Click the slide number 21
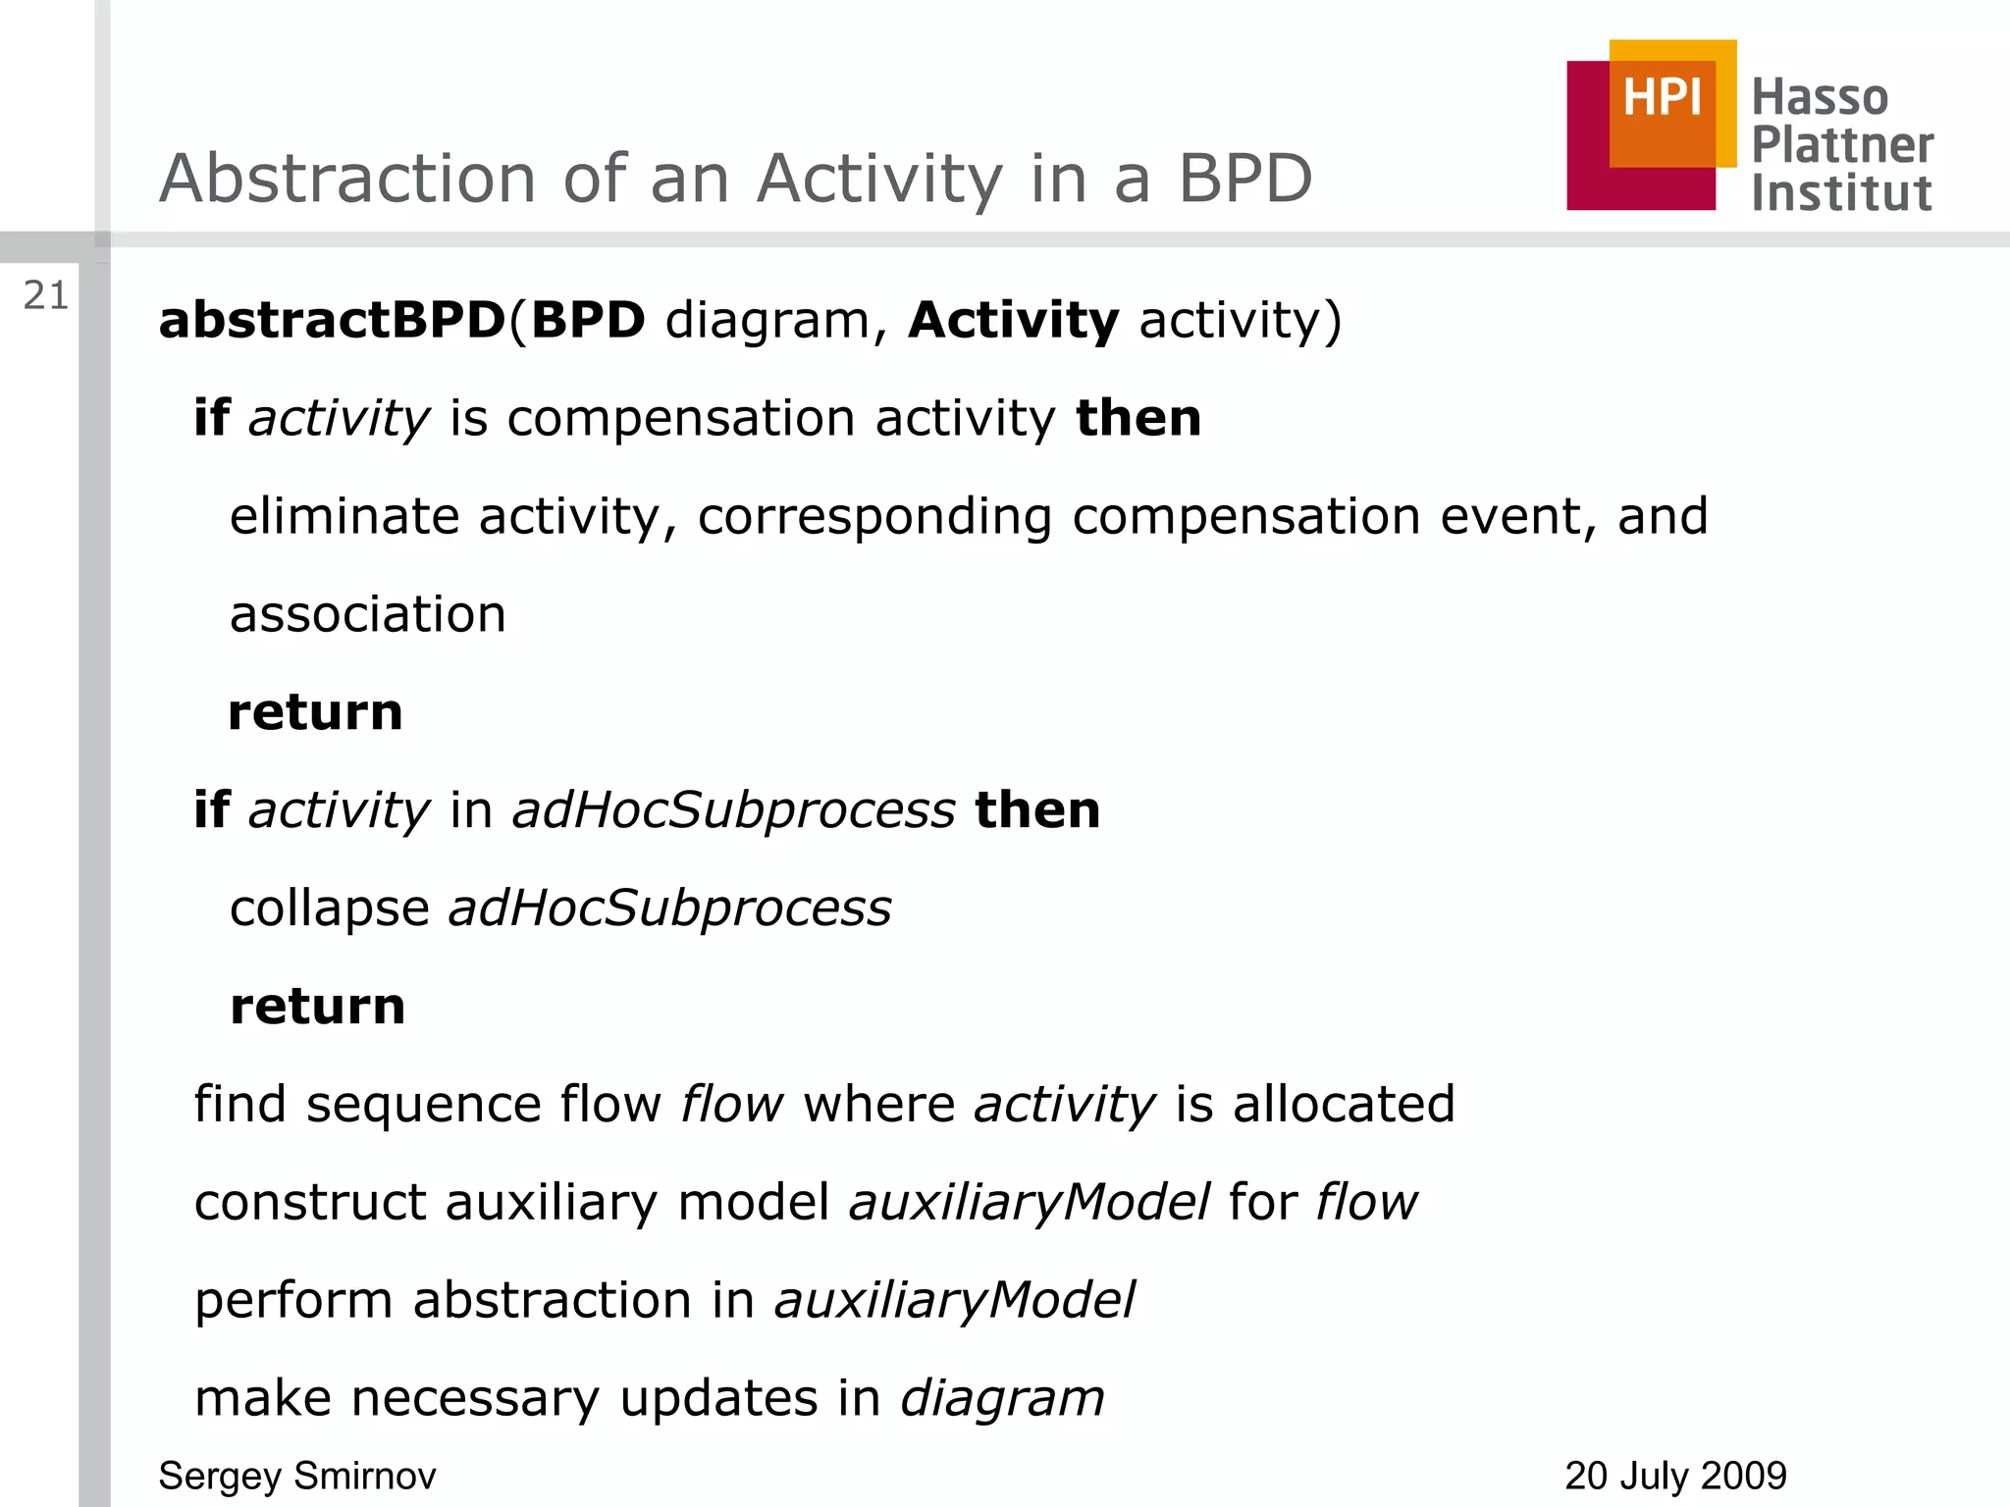(46, 295)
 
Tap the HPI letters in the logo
(1662, 98)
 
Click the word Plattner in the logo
(1842, 145)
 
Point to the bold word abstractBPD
(332, 320)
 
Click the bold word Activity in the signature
(1014, 320)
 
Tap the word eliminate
(344, 516)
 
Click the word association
(368, 614)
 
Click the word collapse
(330, 909)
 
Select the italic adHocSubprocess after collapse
(670, 909)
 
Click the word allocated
(1344, 1104)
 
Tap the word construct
(311, 1202)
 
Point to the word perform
(293, 1301)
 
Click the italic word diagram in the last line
(1002, 1399)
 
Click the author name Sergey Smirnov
(297, 1476)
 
